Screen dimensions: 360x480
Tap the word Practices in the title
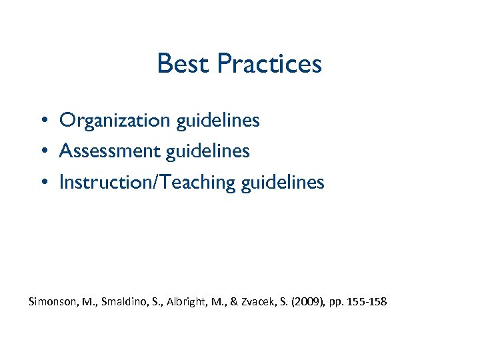[269, 64]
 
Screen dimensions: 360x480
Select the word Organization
[115, 121]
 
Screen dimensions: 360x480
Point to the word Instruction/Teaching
[146, 182]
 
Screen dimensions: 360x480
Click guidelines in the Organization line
[218, 121]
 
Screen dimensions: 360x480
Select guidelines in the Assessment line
[208, 151]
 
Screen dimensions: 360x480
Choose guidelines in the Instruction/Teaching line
[283, 182]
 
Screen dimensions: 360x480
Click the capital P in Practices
[224, 64]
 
